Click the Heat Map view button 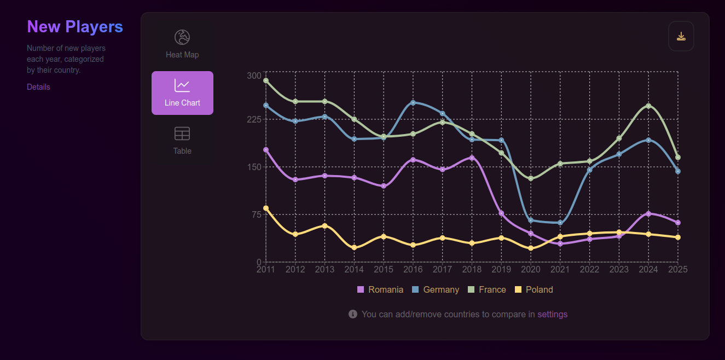coord(182,44)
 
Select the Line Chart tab coord(182,93)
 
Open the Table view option coord(182,141)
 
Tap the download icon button coord(681,36)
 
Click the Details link coord(38,87)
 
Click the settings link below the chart coord(552,314)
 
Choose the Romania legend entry coord(380,289)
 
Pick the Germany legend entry coord(435,289)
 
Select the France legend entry coord(486,289)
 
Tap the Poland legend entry coord(534,289)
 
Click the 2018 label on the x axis coord(472,270)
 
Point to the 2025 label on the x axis coord(678,270)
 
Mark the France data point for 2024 coord(648,106)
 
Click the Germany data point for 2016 coord(413,103)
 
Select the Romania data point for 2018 coord(472,158)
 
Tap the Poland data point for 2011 coord(266,208)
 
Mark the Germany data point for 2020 coord(531,220)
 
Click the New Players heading coord(75,26)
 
